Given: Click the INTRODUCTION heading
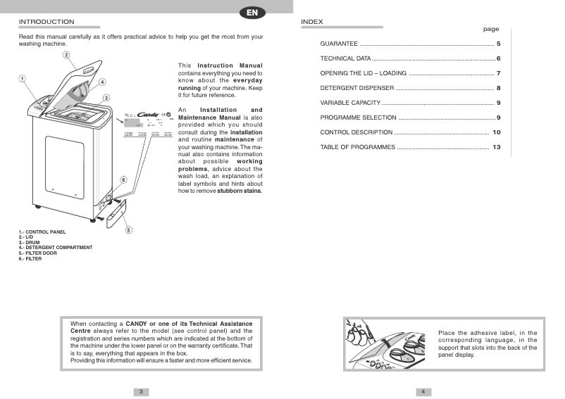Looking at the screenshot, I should pos(46,22).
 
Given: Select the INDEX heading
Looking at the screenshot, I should pos(311,22).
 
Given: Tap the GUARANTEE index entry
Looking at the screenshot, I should pos(339,44).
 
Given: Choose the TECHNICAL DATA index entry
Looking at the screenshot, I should pos(345,58).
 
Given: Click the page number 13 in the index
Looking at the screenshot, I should pos(496,147).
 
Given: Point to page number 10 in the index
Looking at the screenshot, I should pos(496,132).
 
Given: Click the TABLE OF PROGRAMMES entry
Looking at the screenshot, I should pos(358,147).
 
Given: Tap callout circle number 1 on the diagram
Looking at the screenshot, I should pos(23,79).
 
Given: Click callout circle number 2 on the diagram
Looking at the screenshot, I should pos(66,55).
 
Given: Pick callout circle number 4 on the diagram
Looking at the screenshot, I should pos(102,82).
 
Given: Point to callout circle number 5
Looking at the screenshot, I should pos(129,229).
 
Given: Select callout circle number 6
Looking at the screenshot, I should pos(123,180).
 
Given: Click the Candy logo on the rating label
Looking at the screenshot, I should pos(148,113).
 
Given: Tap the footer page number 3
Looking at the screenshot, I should pos(141,391).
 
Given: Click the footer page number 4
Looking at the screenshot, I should pos(423,391).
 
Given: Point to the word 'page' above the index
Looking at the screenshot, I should pos(490,30).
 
